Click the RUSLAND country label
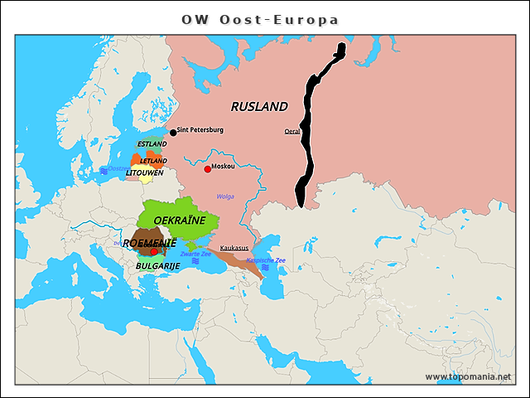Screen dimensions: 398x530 (x=259, y=106)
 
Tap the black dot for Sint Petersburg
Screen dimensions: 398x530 (x=173, y=132)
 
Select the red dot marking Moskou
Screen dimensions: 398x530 (x=207, y=168)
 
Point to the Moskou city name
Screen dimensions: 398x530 (x=223, y=167)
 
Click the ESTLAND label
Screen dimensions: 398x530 (x=152, y=144)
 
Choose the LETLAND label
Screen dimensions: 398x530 (x=153, y=161)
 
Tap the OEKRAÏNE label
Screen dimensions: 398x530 (x=180, y=220)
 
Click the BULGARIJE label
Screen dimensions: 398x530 (x=158, y=266)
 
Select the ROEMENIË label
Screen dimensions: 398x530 (x=150, y=243)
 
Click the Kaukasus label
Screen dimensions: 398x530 (x=234, y=247)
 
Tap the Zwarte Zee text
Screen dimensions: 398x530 (x=195, y=254)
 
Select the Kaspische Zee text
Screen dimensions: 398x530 (x=266, y=260)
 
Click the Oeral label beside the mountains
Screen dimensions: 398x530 (x=292, y=131)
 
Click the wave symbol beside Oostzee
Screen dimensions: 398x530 (x=104, y=169)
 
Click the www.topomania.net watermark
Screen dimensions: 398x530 (x=468, y=377)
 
